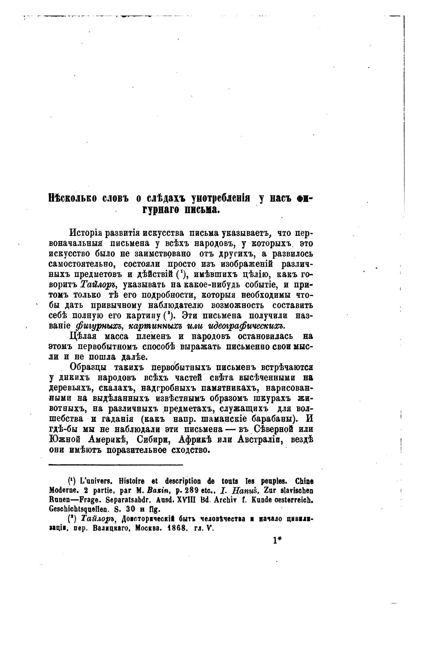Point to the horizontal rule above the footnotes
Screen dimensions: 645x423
click(x=116, y=464)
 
